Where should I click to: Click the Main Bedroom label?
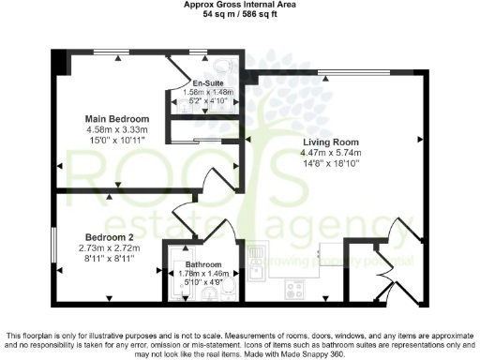point(116,119)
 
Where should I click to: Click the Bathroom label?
point(203,264)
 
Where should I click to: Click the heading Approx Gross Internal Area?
point(240,5)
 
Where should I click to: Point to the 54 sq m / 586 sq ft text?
point(240,14)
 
